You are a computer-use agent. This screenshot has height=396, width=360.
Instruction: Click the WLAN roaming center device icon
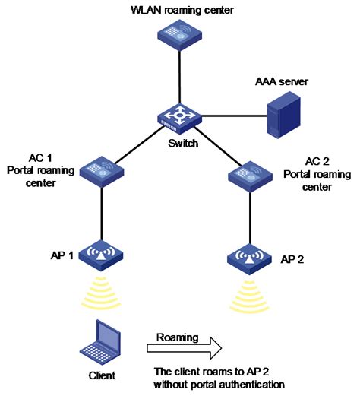coord(179,34)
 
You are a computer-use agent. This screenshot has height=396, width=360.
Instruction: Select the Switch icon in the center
coord(179,117)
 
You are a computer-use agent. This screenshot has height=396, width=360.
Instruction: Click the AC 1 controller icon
coord(101,169)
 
